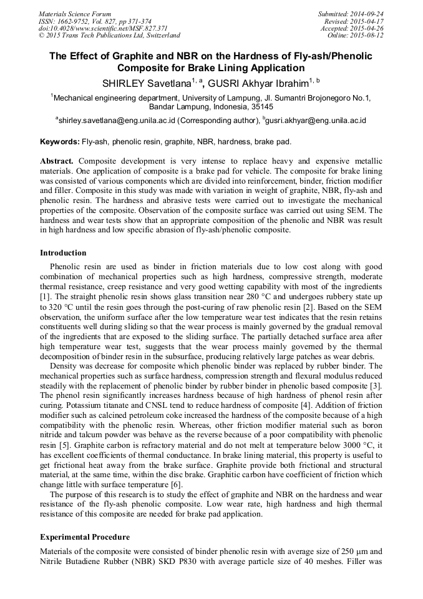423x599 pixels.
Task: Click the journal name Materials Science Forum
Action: point(75,14)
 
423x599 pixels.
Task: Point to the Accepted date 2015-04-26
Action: point(352,29)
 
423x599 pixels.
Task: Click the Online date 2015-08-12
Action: point(356,36)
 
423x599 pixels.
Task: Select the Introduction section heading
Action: point(63,253)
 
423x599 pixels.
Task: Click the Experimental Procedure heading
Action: point(85,537)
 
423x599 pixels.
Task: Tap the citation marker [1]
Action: point(46,295)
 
